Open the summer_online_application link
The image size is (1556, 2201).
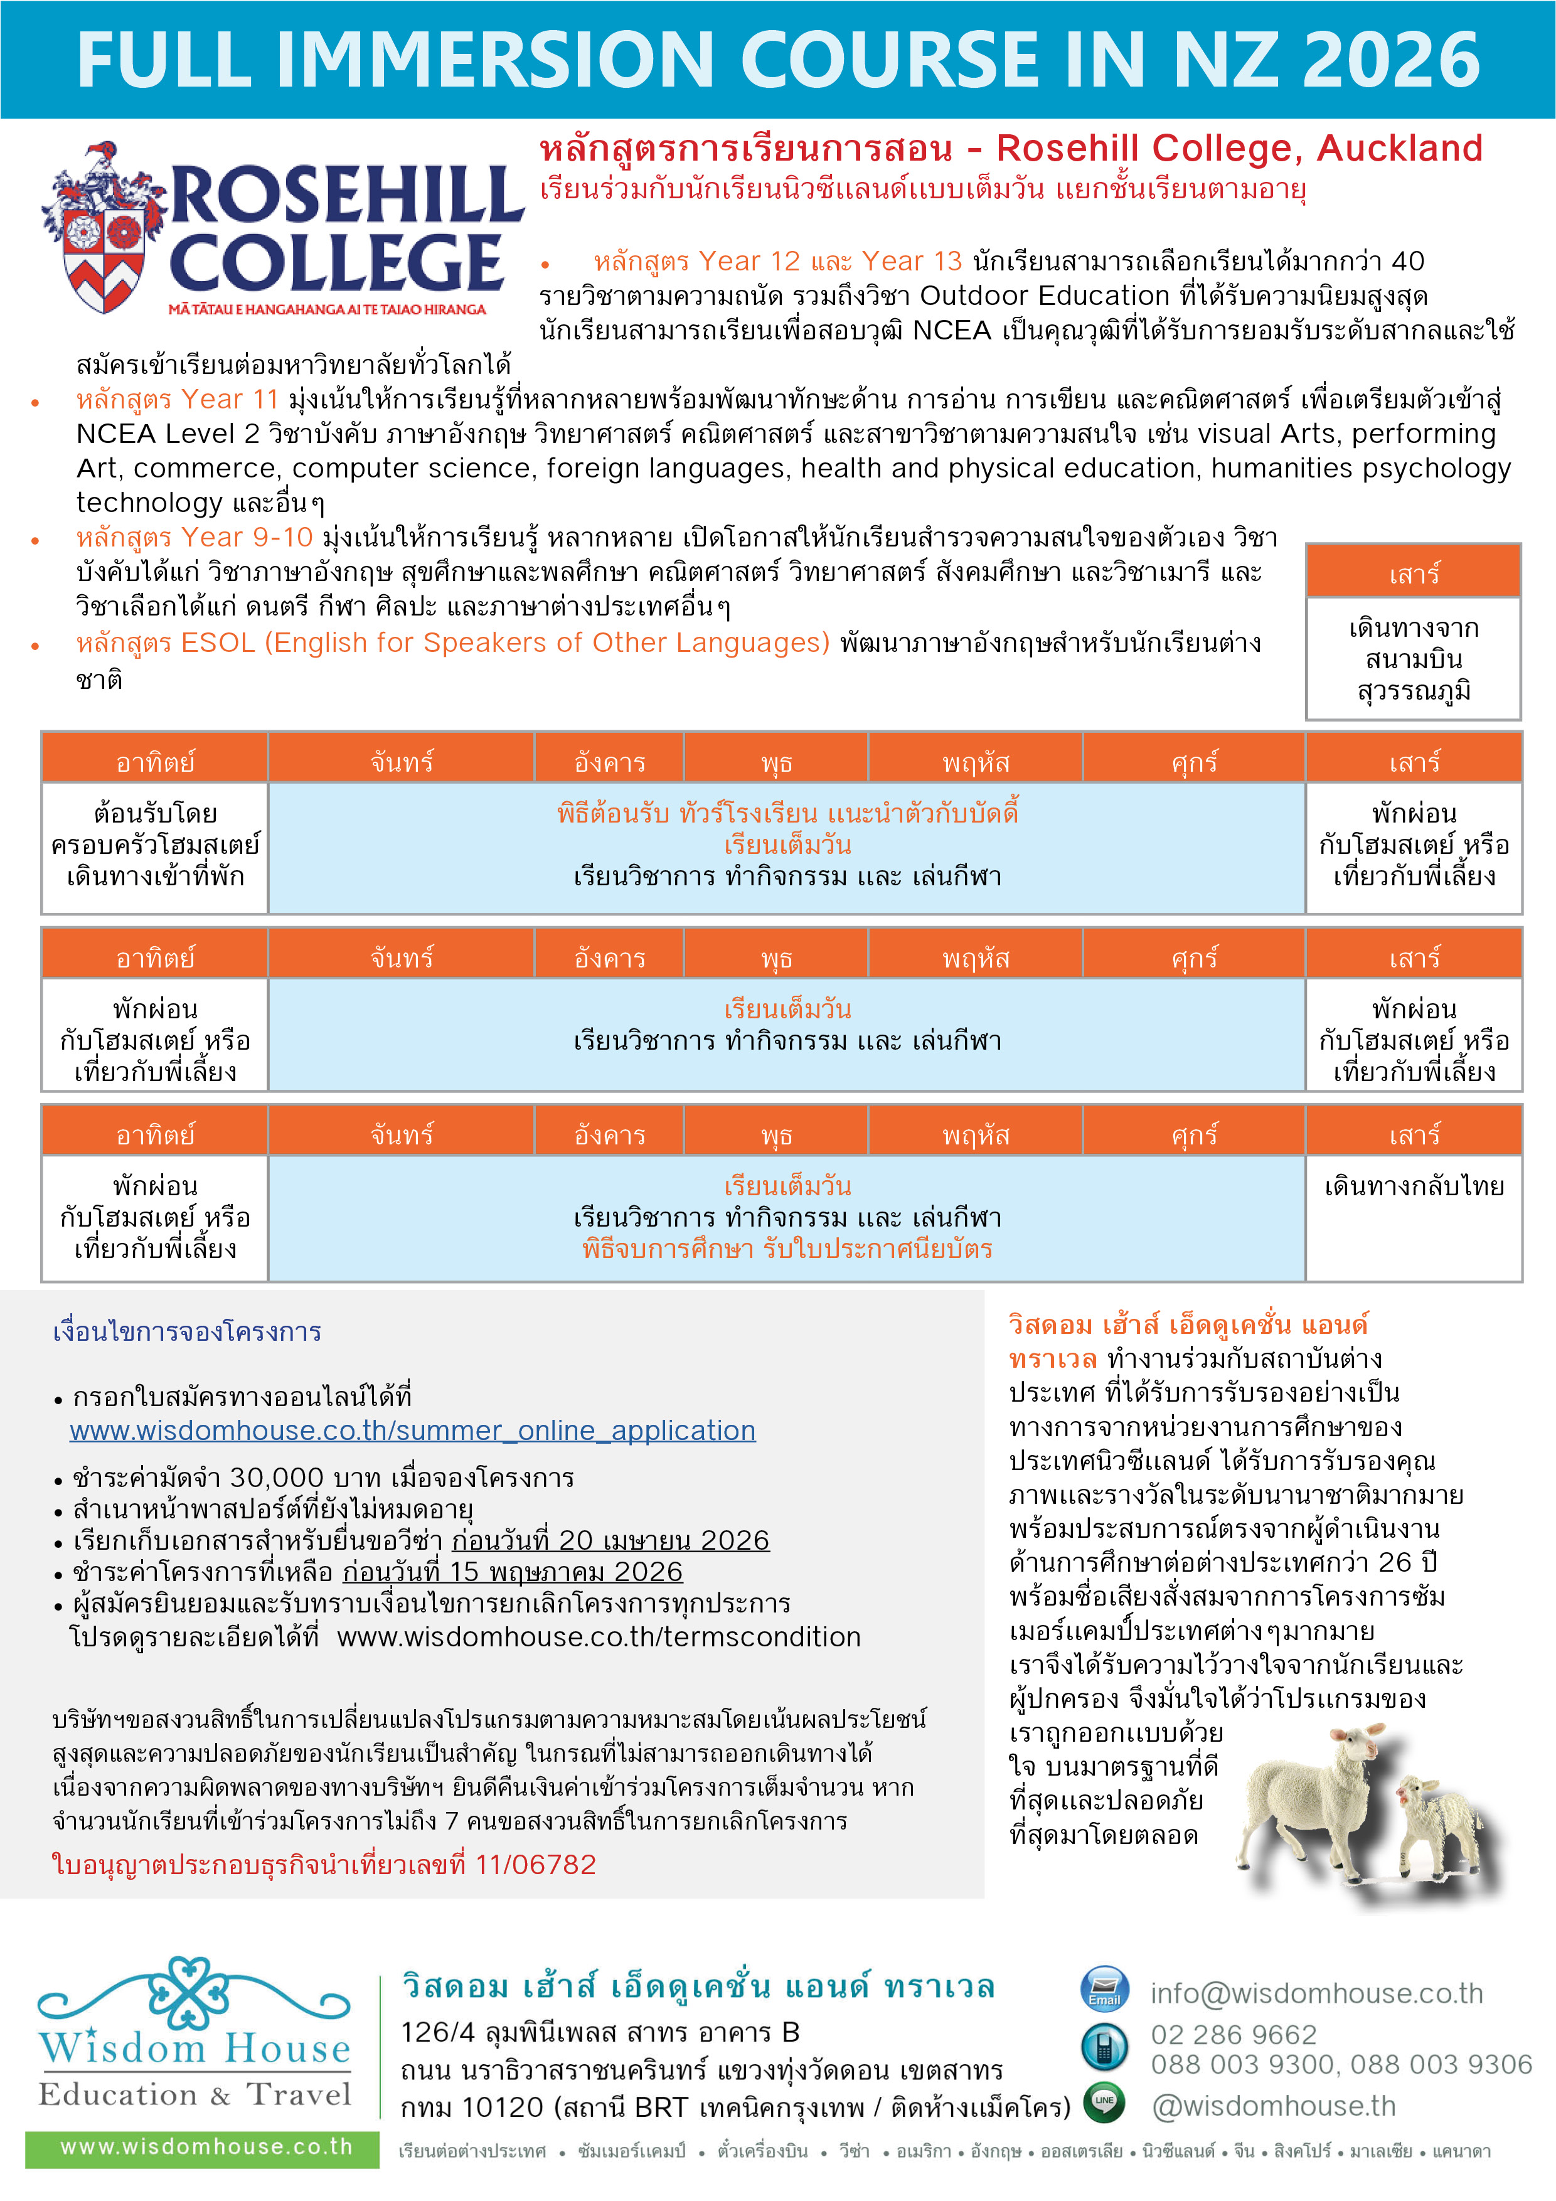412,1431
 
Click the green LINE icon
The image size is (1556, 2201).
1104,2102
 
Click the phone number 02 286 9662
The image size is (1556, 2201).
1234,2033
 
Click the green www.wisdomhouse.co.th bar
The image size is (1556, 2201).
203,2146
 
